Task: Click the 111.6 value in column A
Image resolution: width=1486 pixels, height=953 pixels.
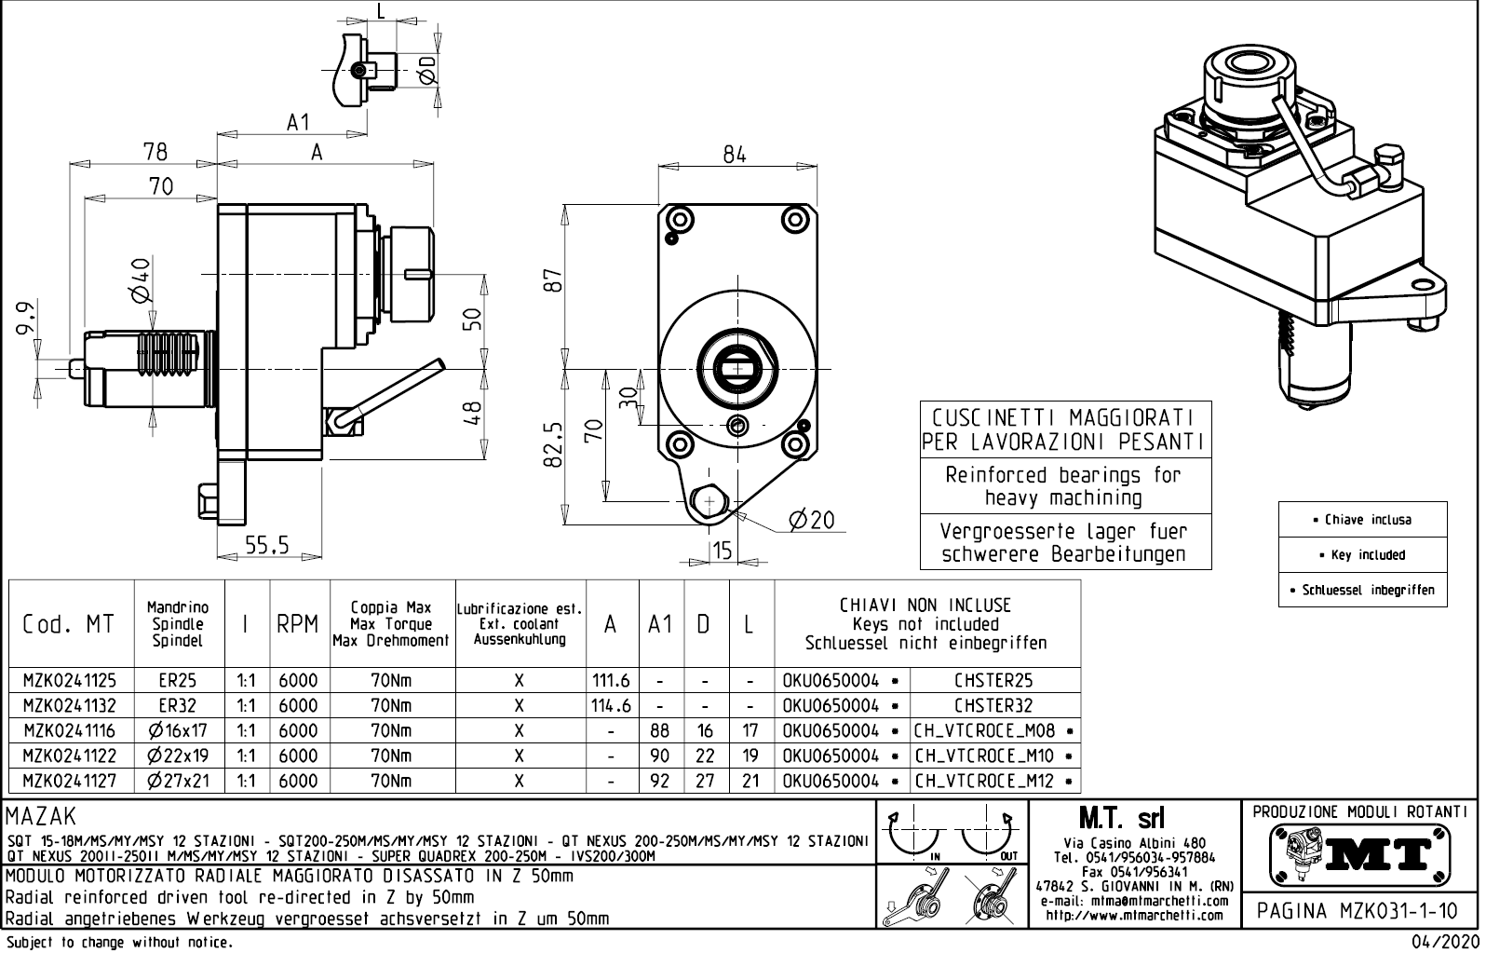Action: point(611,681)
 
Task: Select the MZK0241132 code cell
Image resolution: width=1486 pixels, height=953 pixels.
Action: point(70,706)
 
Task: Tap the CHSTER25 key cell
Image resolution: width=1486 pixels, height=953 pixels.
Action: point(993,681)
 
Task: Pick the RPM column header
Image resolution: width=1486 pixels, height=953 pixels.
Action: point(298,624)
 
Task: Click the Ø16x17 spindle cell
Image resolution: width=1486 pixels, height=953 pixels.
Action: point(178,731)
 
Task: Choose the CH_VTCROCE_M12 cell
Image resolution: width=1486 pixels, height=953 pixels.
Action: point(987,782)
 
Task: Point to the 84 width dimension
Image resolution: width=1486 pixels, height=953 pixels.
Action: point(735,156)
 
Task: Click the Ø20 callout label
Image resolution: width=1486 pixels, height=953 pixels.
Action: point(812,521)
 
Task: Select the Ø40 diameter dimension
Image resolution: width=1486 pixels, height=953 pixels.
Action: point(141,279)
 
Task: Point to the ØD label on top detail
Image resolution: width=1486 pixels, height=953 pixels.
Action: point(427,69)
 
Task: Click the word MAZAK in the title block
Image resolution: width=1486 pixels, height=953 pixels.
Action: point(42,818)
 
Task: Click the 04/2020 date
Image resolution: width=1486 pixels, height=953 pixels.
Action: point(1445,942)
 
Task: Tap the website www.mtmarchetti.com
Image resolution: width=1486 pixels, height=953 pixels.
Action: point(1133,915)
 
